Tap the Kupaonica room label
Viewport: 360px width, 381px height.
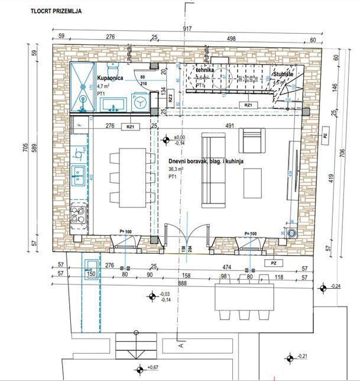pos(111,78)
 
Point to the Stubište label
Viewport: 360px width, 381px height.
pos(283,76)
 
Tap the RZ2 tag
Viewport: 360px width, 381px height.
pos(170,98)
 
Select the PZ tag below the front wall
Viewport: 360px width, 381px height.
pos(273,262)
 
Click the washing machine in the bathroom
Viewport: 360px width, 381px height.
pos(141,102)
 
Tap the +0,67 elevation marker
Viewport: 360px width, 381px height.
pos(140,370)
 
